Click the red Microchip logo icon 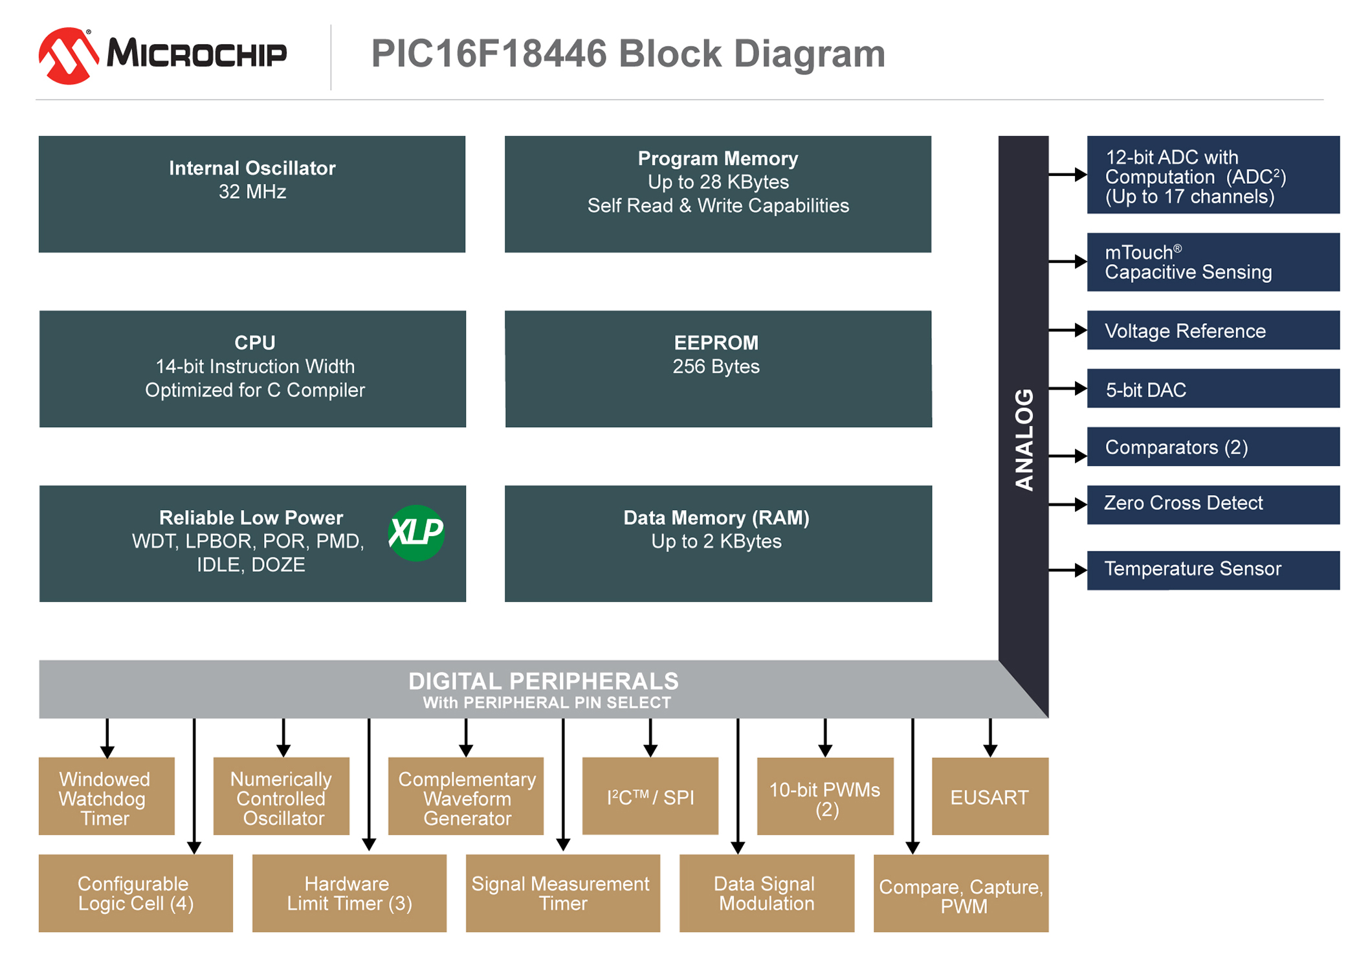click(x=67, y=56)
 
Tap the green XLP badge click(x=416, y=533)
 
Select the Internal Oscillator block click(x=252, y=194)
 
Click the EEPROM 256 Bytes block click(x=718, y=368)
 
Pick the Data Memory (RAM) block click(x=718, y=543)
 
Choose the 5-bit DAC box click(x=1213, y=388)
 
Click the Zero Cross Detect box click(x=1213, y=504)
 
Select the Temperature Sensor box click(x=1213, y=570)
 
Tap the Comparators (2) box click(x=1213, y=447)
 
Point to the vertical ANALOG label click(x=1024, y=440)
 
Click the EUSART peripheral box click(x=989, y=796)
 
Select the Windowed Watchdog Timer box click(x=106, y=796)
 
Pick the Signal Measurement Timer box click(x=562, y=893)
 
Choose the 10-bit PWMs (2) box click(x=825, y=796)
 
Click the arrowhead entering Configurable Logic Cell click(x=194, y=847)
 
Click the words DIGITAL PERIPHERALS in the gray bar click(x=543, y=681)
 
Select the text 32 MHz click(x=252, y=192)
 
